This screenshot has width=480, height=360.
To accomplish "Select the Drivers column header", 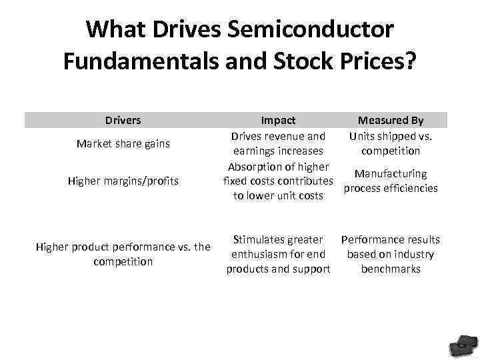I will (123, 121).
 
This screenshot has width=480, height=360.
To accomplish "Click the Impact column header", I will (278, 121).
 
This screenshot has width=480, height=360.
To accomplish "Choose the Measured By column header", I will (391, 121).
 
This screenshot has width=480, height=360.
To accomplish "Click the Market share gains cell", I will (123, 143).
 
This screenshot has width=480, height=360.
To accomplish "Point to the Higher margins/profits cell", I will (123, 181).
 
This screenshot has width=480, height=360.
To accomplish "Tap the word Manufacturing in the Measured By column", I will (391, 174).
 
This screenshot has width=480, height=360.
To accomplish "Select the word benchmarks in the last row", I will (391, 269).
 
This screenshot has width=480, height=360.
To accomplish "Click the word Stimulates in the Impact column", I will (257, 239).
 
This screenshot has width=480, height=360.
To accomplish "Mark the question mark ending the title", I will (411, 61).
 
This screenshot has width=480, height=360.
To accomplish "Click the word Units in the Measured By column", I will (363, 137).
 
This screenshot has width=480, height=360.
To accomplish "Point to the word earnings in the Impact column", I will (253, 151).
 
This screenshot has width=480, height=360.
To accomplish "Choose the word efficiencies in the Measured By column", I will (411, 188).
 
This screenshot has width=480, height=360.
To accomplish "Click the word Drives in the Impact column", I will (246, 137).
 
